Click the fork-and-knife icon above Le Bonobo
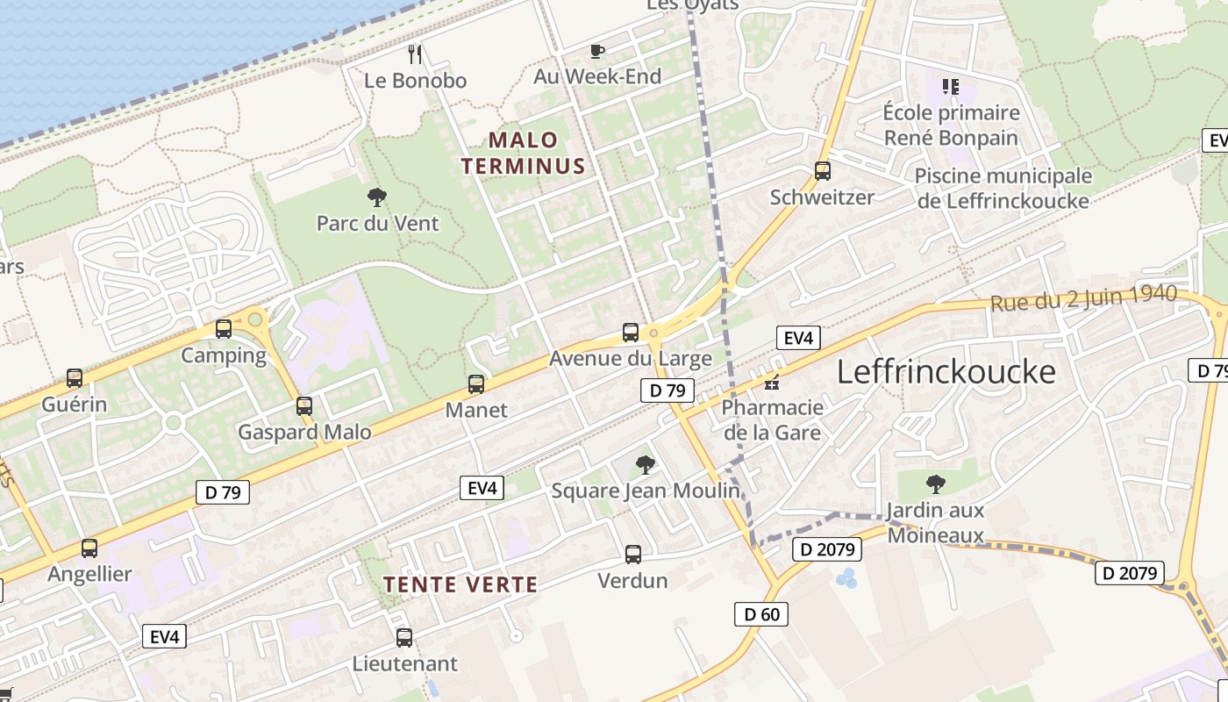coord(416,54)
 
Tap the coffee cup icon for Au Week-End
coord(597,51)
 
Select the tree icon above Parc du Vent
coord(377,197)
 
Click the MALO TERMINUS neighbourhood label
coord(523,153)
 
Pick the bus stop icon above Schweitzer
coord(822,171)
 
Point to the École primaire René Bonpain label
coord(951,125)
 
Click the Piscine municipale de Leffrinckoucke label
coord(1003,188)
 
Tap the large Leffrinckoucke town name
coord(946,372)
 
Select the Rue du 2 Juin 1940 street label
coord(1082,297)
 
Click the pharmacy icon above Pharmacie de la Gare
coord(772,382)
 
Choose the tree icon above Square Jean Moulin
coord(645,465)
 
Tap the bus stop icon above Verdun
coord(632,555)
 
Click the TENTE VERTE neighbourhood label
coord(460,584)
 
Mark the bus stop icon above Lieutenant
coord(404,638)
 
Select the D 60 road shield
coord(761,614)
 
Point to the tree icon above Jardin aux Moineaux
coord(935,484)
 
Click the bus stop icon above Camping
coord(224,329)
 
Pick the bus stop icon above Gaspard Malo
coord(304,406)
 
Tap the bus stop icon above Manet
coord(476,383)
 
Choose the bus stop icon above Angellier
coord(89,548)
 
